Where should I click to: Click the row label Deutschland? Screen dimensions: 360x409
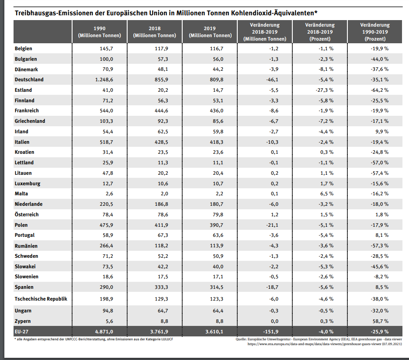pyautogui.click(x=29, y=80)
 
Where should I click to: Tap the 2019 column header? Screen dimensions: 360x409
pyautogui.click(x=210, y=32)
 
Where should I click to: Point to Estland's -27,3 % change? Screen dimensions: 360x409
pyautogui.click(x=325, y=90)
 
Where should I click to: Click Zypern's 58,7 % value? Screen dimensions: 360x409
pyautogui.click(x=380, y=321)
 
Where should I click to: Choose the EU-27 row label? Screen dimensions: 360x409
pyautogui.click(x=23, y=331)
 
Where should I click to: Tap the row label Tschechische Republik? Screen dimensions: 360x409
pyautogui.click(x=41, y=299)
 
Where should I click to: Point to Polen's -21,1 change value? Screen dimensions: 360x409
pyautogui.click(x=272, y=225)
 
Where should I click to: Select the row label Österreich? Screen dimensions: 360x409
pyautogui.click(x=27, y=215)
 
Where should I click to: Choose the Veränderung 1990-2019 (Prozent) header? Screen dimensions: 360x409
pyautogui.click(x=375, y=32)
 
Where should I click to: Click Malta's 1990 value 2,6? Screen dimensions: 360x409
pyautogui.click(x=108, y=194)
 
